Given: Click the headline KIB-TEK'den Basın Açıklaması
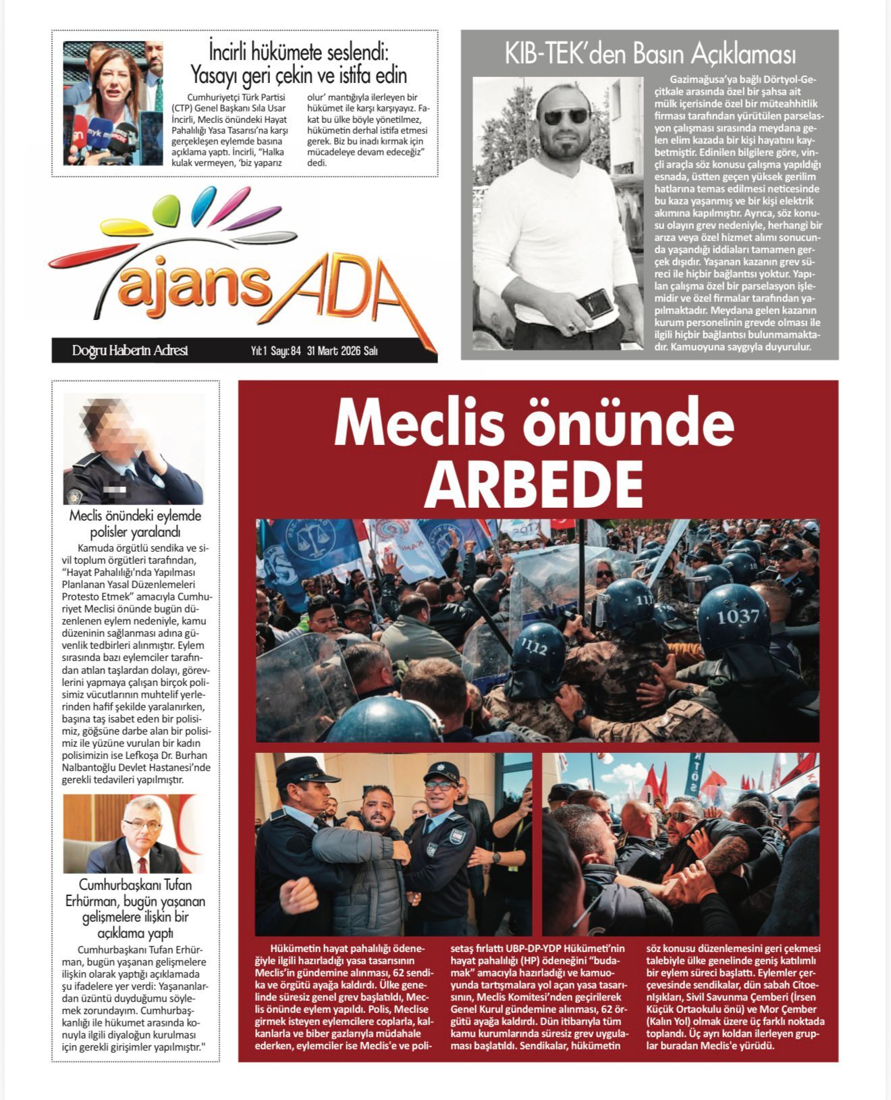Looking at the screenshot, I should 649,54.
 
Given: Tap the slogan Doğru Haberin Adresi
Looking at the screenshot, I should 130,350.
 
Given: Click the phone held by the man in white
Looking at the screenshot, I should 594,304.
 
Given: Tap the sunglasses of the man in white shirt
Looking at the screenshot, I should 566,115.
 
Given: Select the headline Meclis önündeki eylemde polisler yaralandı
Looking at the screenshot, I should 135,524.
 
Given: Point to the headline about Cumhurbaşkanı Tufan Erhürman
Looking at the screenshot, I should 135,909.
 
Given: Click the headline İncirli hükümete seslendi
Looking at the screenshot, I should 299,63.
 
